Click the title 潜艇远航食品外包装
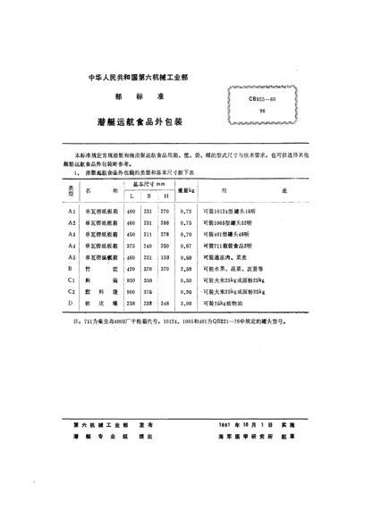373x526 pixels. (144, 117)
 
